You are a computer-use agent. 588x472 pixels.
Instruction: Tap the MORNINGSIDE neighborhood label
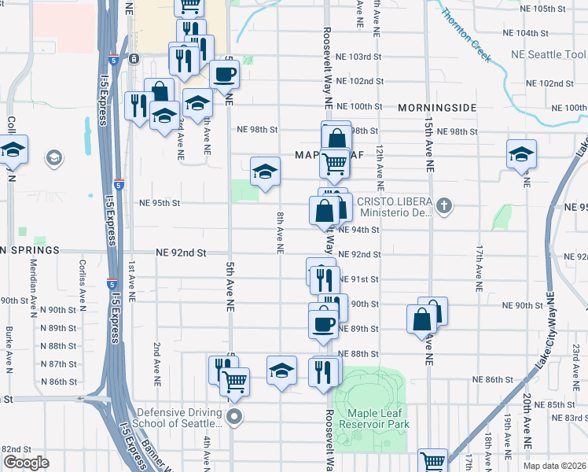[437, 107]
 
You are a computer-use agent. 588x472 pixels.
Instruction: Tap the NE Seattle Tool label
[549, 54]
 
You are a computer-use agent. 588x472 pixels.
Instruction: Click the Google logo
[26, 463]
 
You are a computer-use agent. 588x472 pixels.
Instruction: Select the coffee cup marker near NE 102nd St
[225, 75]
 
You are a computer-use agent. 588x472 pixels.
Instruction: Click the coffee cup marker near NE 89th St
[323, 323]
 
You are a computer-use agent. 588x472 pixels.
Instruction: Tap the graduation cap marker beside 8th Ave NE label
[266, 171]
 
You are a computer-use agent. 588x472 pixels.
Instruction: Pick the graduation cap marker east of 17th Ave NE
[521, 154]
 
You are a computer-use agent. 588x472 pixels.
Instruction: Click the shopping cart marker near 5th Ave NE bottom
[234, 382]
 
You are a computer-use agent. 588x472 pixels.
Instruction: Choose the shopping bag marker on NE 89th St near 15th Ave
[422, 319]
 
